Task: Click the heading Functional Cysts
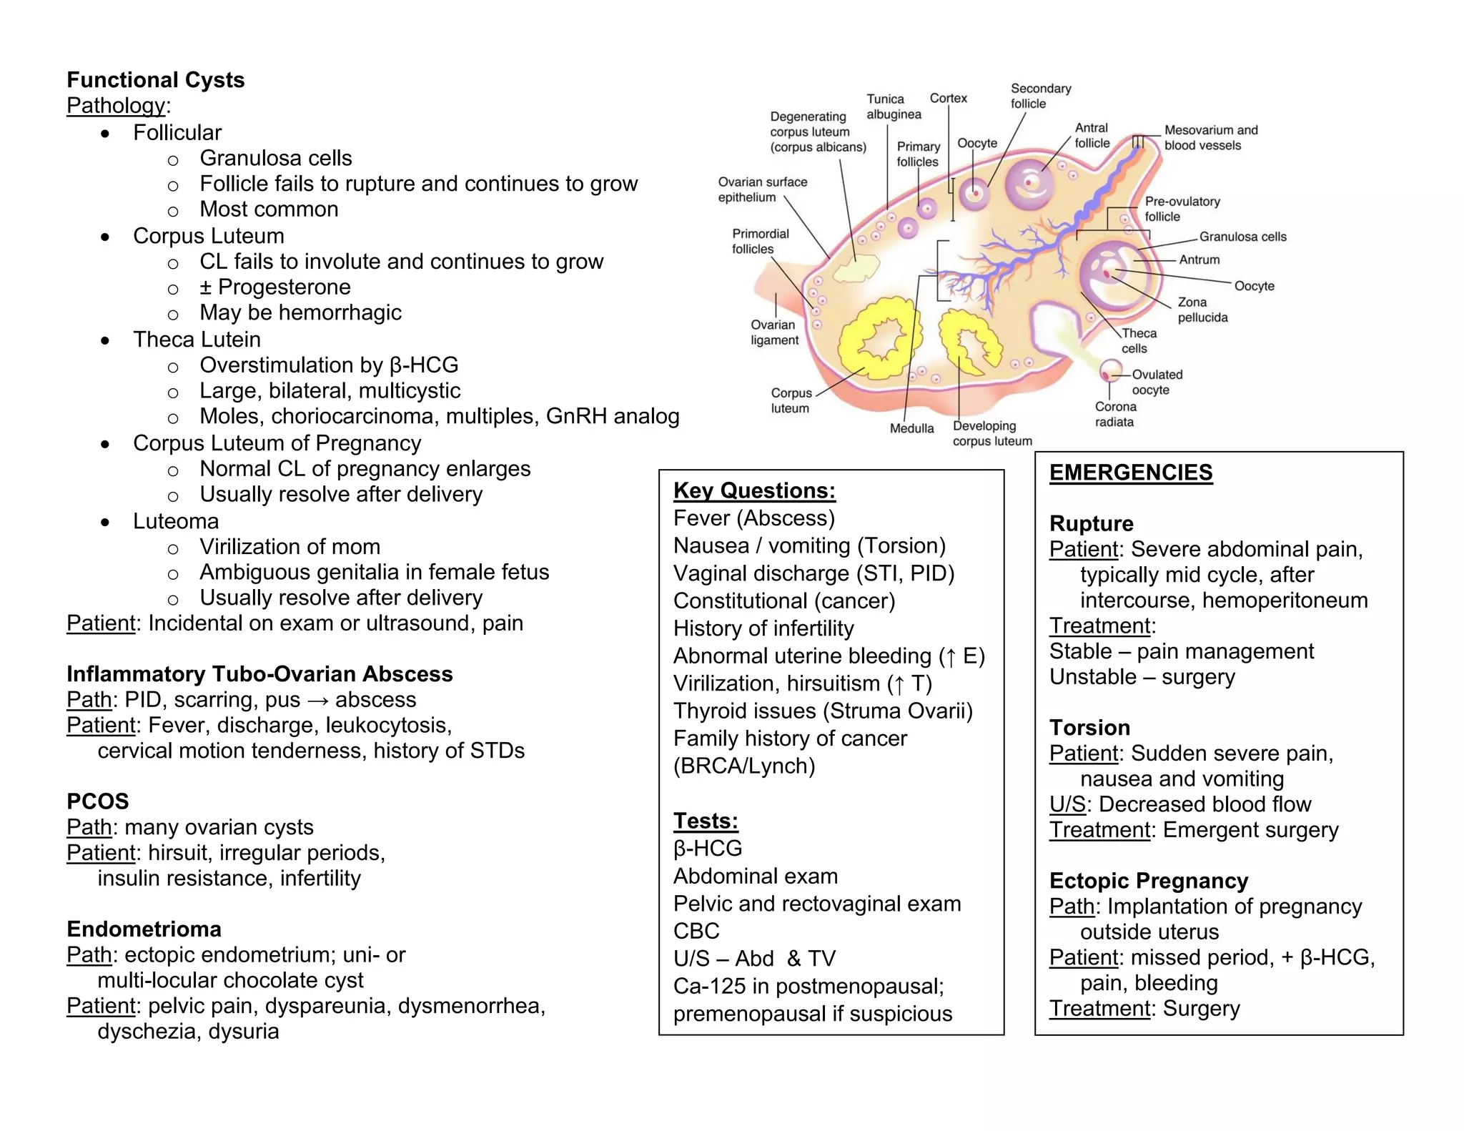(155, 80)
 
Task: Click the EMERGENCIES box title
(1130, 473)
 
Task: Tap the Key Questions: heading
(754, 490)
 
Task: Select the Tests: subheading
(706, 821)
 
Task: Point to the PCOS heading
(98, 801)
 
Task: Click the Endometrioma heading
(144, 929)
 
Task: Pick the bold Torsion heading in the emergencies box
(1089, 727)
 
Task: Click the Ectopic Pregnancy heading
(1148, 880)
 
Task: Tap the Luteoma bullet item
(176, 521)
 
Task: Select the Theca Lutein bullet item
(197, 340)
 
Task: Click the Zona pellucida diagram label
(1202, 310)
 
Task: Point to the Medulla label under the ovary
(911, 428)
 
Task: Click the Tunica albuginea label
(894, 107)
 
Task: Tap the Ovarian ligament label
(774, 332)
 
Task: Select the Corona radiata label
(1115, 414)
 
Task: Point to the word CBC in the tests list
(696, 931)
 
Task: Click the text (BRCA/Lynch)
(744, 766)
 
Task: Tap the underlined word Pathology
(116, 106)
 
